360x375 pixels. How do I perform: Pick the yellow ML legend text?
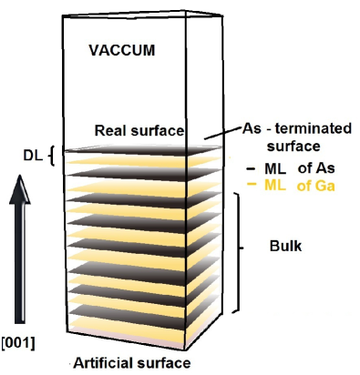click(x=275, y=185)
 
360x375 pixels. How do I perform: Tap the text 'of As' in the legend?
click(x=314, y=168)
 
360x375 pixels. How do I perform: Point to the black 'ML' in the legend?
click(x=275, y=168)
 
